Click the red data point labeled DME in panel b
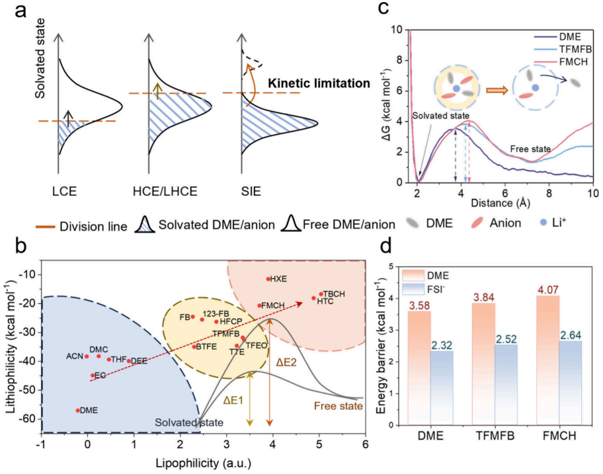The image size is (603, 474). coord(78,410)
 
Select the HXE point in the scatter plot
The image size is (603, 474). coord(268,279)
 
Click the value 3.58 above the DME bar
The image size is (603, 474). coord(419,305)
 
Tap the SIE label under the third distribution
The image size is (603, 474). coord(251,192)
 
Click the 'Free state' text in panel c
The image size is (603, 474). coord(530,149)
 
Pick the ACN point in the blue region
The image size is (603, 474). coord(87,356)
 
